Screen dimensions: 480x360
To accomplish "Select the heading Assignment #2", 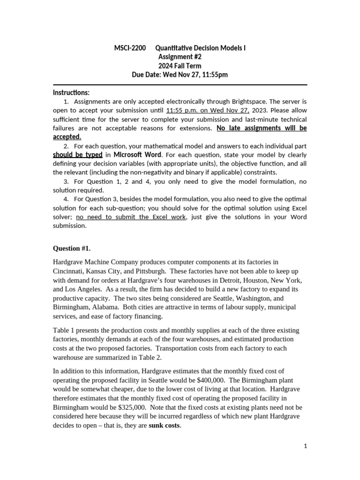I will pyautogui.click(x=180, y=57).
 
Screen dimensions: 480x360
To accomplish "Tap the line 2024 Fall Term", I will pyautogui.click(x=180, y=66).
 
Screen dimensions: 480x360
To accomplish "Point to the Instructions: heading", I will pyautogui.click(x=71, y=92).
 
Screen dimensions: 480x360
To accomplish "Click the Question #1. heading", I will pyautogui.click(x=75, y=248).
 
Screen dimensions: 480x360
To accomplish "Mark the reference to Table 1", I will pyautogui.click(x=64, y=330).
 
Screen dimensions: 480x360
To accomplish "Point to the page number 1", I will pyautogui.click(x=305, y=446).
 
